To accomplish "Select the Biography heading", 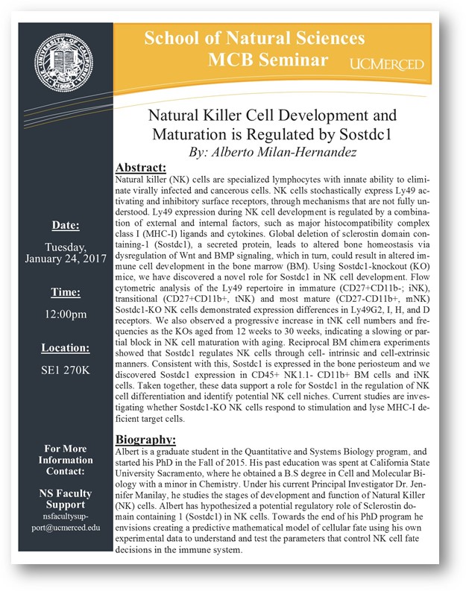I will point(147,439).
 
